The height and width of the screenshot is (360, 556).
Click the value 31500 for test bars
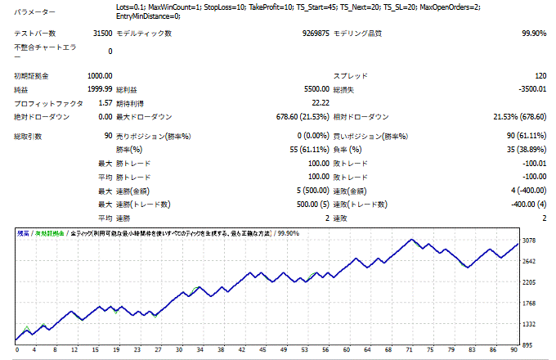(x=102, y=34)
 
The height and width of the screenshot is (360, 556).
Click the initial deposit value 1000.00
(x=96, y=75)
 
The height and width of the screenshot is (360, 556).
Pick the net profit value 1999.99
(x=96, y=89)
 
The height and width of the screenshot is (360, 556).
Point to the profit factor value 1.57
(x=105, y=103)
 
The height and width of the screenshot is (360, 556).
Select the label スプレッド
(x=352, y=75)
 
